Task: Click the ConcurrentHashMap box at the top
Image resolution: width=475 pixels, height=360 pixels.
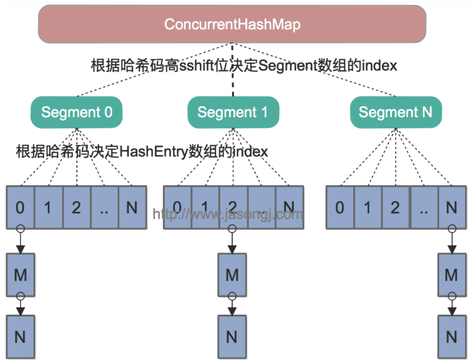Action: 232,24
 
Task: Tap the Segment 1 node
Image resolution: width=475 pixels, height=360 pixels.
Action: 233,112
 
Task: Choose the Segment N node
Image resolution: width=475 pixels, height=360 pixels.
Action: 396,112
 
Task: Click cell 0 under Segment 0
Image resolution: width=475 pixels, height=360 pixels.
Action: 20,207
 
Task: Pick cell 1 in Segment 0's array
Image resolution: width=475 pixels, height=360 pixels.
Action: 48,207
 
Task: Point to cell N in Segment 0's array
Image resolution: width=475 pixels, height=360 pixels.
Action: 132,207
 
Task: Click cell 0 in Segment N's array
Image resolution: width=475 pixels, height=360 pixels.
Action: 340,207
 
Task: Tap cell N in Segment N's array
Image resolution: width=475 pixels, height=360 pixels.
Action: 452,207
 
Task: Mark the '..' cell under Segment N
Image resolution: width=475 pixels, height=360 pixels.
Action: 424,207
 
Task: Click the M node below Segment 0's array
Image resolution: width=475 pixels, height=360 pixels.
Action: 20,275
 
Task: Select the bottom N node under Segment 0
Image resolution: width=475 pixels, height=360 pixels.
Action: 20,336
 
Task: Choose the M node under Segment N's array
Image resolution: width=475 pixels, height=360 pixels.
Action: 452,275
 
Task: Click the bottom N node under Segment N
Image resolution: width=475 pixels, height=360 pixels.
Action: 452,336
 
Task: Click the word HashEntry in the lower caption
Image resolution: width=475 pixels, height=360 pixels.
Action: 154,152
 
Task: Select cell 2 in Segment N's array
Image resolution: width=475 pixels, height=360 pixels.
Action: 396,207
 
